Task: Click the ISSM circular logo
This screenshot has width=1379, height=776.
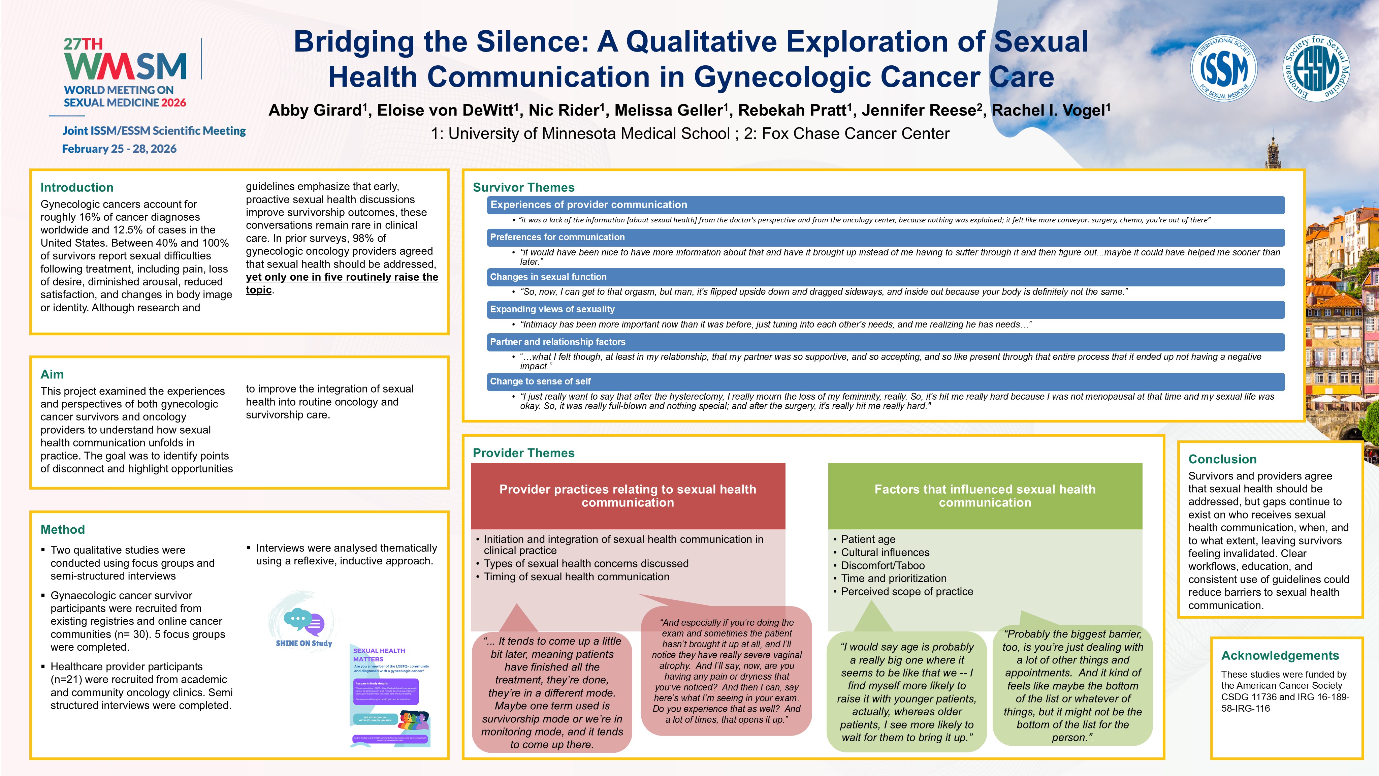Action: point(1223,68)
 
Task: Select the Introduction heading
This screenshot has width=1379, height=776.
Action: point(77,187)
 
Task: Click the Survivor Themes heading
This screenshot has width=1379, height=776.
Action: point(523,187)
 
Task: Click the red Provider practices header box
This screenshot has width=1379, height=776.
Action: point(628,496)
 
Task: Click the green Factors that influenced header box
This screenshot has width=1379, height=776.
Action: point(985,496)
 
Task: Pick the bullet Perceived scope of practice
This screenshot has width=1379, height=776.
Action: point(907,592)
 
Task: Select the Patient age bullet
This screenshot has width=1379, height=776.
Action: point(868,539)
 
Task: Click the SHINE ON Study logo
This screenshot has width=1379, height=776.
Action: point(303,624)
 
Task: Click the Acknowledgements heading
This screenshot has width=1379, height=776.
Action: point(1280,655)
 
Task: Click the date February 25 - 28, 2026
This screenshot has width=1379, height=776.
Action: point(119,149)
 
